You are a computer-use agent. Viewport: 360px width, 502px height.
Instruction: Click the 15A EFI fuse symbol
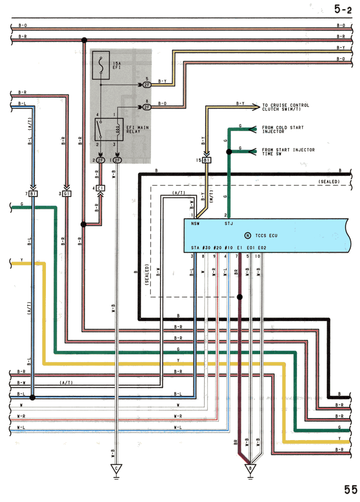[101, 65]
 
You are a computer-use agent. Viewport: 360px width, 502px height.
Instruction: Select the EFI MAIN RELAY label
[137, 129]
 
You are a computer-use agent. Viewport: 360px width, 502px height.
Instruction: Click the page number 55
[351, 490]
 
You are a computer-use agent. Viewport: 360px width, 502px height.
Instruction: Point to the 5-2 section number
[343, 9]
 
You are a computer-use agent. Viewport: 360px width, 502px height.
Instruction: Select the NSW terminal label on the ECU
[195, 223]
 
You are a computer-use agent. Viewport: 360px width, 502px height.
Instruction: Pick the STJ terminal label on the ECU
[229, 223]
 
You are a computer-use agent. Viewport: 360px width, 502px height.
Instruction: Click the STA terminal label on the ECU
[195, 248]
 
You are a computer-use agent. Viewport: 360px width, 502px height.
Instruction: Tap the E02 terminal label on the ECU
[262, 248]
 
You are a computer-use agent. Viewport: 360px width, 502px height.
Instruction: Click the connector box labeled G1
[67, 194]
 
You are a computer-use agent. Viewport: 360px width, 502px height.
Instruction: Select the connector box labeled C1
[100, 188]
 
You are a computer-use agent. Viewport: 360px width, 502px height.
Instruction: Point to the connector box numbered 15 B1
[207, 160]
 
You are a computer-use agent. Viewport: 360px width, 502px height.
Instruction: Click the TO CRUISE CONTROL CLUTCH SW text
[286, 107]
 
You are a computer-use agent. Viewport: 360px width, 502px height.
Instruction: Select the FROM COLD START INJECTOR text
[283, 129]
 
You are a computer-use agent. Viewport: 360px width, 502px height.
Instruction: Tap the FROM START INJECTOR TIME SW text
[288, 152]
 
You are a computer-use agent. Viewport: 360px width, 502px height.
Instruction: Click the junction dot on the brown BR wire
[240, 297]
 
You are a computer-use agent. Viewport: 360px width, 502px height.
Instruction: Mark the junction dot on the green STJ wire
[229, 152]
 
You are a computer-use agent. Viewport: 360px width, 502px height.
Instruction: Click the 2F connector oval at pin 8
[146, 107]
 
